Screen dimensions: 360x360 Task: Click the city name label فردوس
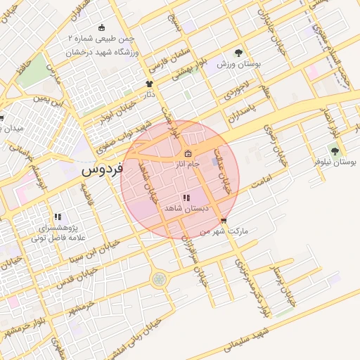click(102, 169)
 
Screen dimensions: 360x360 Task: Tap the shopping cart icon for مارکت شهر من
click(224, 221)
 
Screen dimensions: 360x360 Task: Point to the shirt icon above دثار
click(148, 84)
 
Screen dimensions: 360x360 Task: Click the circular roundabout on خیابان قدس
click(160, 279)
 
